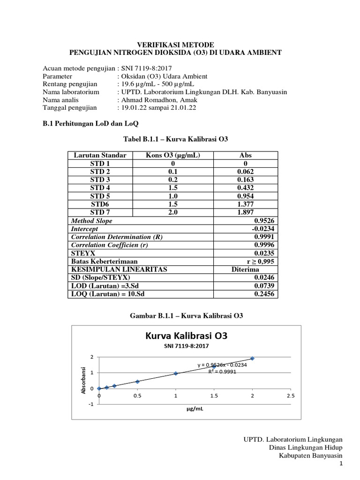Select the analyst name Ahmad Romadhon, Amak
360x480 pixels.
160,100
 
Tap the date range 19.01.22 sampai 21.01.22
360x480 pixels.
158,107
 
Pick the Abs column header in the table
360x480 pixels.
246,156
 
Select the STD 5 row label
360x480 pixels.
100,196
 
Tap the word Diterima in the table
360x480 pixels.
246,270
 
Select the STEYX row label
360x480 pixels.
82,253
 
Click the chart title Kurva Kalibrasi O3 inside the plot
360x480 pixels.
187,336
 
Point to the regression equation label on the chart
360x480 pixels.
222,365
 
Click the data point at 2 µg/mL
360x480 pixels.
253,358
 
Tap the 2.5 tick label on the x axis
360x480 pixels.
291,396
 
